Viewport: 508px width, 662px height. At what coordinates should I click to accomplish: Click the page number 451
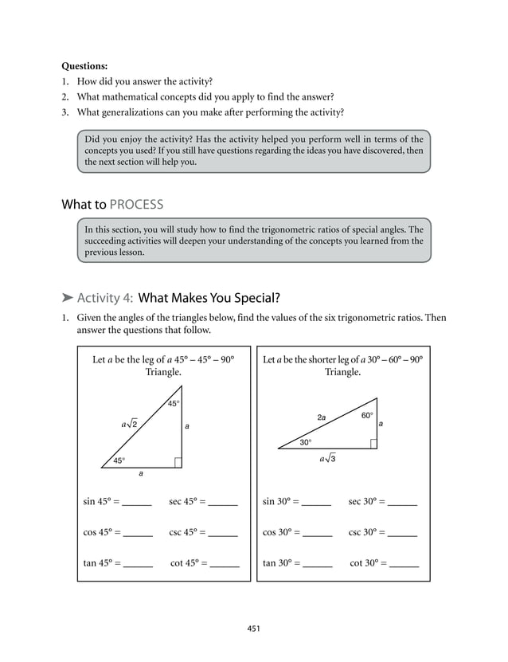click(253, 629)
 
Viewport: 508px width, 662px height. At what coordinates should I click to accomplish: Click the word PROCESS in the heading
click(137, 205)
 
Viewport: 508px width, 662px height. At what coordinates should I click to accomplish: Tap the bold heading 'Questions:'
click(84, 66)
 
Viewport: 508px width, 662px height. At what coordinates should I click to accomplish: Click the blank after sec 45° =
click(223, 503)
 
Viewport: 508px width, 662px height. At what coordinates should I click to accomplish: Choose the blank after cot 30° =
click(404, 564)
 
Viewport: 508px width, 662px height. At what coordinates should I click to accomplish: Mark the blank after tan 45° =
click(138, 564)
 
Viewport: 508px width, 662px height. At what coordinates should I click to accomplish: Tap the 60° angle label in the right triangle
click(367, 416)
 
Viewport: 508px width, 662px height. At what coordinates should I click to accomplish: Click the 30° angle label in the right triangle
click(306, 442)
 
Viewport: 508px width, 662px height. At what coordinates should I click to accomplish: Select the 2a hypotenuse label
click(322, 417)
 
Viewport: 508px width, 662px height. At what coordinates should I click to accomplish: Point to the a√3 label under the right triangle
click(328, 459)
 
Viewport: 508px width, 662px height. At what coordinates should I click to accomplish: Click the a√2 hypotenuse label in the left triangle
click(129, 425)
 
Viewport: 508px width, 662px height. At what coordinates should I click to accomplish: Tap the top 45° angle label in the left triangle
click(174, 404)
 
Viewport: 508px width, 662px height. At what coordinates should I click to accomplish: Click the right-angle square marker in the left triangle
click(178, 463)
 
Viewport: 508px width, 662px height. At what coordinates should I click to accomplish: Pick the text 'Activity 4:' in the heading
click(105, 299)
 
